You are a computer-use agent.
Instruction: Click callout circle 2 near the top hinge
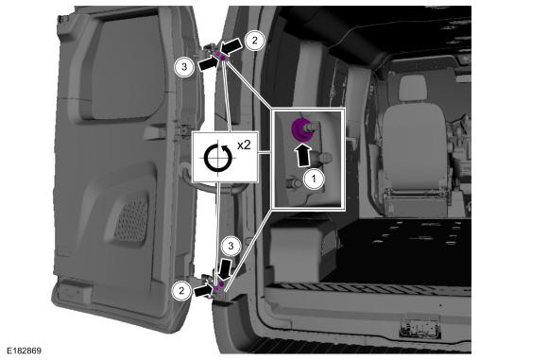pyautogui.click(x=254, y=41)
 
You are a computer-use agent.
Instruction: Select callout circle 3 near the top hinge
pyautogui.click(x=184, y=66)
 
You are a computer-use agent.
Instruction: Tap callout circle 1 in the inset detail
pyautogui.click(x=314, y=179)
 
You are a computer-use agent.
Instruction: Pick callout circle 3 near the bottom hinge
pyautogui.click(x=231, y=246)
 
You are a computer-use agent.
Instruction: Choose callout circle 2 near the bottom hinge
pyautogui.click(x=181, y=290)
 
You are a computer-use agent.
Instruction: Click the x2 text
pyautogui.click(x=244, y=145)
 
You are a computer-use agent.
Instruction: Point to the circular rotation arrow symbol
pyautogui.click(x=218, y=158)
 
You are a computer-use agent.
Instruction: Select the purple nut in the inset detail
pyautogui.click(x=300, y=129)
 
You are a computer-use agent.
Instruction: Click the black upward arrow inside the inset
pyautogui.click(x=302, y=156)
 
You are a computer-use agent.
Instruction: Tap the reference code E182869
pyautogui.click(x=25, y=351)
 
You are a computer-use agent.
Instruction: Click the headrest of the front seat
pyautogui.click(x=414, y=88)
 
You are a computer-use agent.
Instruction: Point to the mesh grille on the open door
pyautogui.click(x=131, y=220)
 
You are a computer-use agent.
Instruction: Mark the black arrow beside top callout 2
pyautogui.click(x=231, y=46)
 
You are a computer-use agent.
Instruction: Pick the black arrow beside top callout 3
pyautogui.click(x=210, y=63)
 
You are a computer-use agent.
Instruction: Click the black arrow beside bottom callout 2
pyautogui.click(x=203, y=290)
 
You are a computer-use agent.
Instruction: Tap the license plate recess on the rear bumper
pyautogui.click(x=420, y=329)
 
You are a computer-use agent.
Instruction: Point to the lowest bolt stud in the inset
pyautogui.click(x=294, y=182)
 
